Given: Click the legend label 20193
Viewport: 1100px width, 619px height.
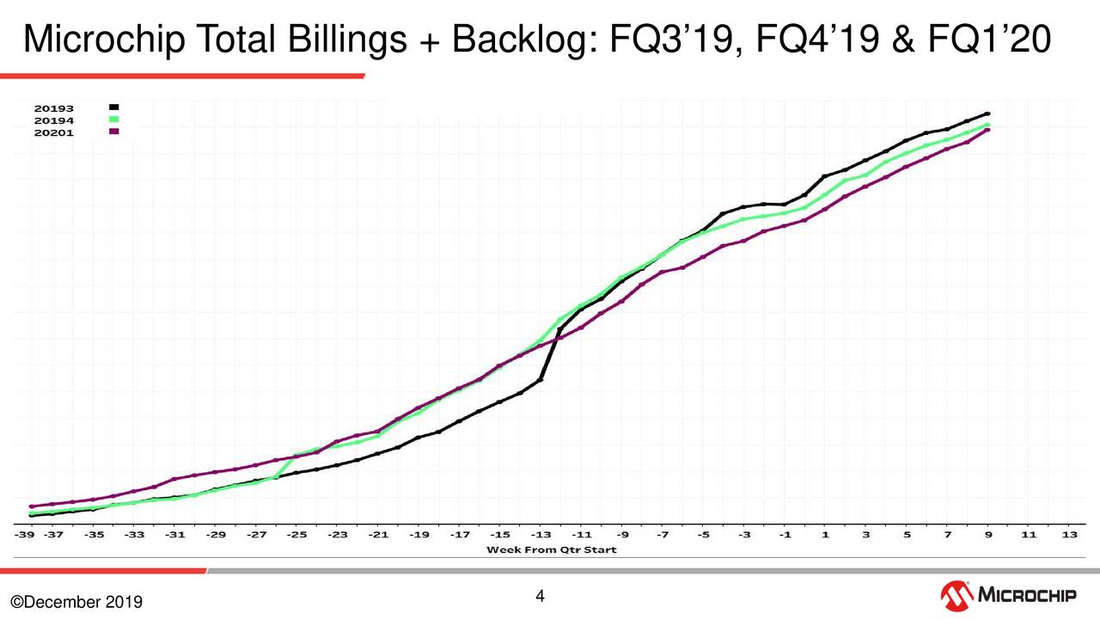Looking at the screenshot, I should (53, 108).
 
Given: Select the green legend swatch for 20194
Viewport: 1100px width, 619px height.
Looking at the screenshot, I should (113, 120).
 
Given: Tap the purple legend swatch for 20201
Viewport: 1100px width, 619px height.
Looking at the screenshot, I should (113, 132).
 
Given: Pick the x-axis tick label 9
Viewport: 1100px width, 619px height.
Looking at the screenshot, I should (988, 535).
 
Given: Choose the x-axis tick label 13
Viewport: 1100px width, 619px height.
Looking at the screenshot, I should (1069, 535).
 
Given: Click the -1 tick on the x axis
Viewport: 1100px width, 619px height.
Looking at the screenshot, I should (785, 535).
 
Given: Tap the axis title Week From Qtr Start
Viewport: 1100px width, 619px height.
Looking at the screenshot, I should (552, 549).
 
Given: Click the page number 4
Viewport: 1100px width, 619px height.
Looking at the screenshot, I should (541, 596).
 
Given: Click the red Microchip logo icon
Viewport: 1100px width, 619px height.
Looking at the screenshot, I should (956, 594).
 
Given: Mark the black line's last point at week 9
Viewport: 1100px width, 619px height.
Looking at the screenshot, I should (988, 113).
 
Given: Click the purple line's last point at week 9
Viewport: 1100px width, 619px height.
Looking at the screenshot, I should (988, 130).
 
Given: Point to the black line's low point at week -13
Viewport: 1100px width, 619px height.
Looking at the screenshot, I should (540, 379).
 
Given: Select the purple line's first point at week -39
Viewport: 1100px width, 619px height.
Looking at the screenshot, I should (32, 506).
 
